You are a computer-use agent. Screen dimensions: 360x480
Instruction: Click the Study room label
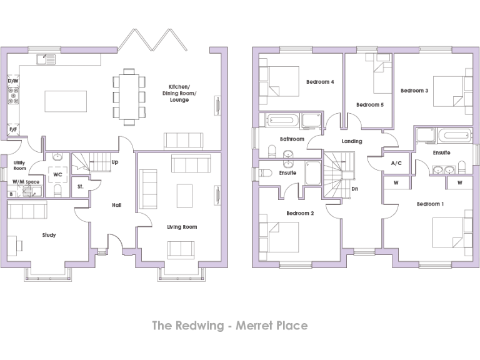click(49, 235)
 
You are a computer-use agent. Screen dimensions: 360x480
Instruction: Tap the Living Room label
click(182, 226)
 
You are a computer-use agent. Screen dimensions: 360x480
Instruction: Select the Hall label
click(116, 204)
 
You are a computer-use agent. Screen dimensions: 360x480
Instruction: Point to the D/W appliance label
click(12, 81)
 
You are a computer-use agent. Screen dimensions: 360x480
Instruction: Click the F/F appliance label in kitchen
click(12, 129)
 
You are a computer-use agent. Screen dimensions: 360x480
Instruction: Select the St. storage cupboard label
click(81, 186)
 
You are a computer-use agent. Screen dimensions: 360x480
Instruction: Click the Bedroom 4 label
click(320, 82)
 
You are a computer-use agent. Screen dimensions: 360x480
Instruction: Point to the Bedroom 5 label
click(369, 104)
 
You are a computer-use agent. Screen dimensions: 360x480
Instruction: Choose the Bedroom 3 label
click(414, 90)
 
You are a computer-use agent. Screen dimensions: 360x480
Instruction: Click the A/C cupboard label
click(396, 163)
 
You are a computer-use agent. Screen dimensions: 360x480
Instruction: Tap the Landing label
click(351, 141)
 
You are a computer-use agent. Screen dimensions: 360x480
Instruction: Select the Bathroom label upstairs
click(292, 139)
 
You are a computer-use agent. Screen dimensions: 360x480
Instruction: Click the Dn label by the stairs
click(355, 188)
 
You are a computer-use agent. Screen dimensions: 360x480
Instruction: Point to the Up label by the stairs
click(114, 162)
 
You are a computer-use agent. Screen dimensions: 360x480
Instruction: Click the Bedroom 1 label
click(430, 204)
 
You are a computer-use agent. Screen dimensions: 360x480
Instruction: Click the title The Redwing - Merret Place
click(230, 326)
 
